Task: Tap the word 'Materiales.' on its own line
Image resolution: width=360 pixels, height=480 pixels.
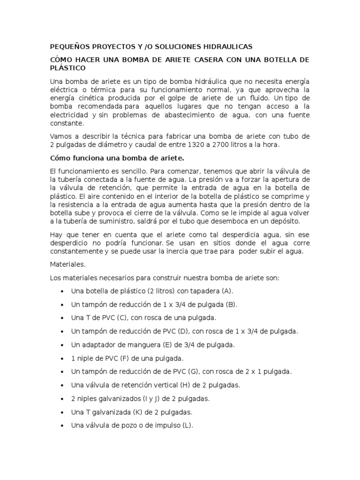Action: point(67,264)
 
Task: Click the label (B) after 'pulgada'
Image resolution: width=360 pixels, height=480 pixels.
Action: point(231,304)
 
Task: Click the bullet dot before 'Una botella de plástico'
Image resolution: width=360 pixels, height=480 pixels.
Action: point(62,291)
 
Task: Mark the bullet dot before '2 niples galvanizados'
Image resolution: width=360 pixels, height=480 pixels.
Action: point(62,399)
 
